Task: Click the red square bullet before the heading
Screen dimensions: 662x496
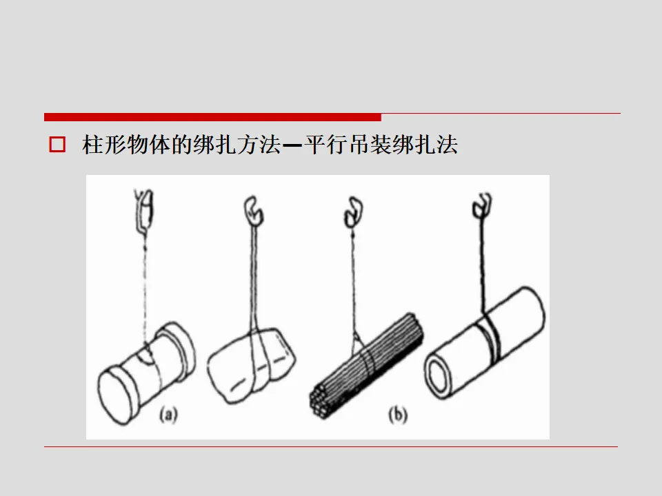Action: click(x=57, y=144)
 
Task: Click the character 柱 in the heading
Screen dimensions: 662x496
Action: click(x=92, y=145)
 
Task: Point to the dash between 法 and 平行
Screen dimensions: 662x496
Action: click(x=292, y=145)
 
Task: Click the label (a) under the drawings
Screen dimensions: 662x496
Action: click(x=169, y=415)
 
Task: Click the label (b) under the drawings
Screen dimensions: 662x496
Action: click(x=398, y=415)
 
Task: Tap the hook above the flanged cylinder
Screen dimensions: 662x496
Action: click(x=143, y=210)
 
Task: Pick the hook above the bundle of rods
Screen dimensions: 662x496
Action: click(x=353, y=211)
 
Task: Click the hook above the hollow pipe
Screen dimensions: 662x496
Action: click(x=482, y=205)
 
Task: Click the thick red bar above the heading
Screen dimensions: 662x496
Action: click(x=212, y=117)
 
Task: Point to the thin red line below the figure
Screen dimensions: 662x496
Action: click(x=330, y=446)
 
